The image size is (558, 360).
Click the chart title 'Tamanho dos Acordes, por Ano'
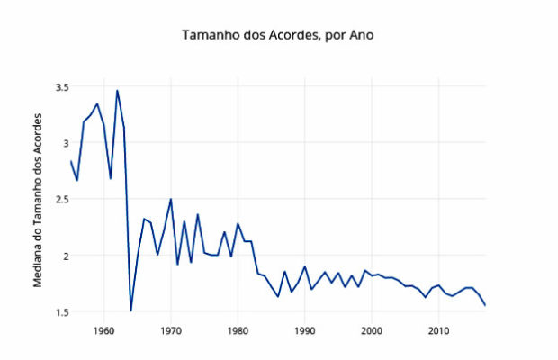coord(277,36)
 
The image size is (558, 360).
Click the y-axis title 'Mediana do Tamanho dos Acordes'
coord(39,201)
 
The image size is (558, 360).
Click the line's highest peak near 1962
coord(117,91)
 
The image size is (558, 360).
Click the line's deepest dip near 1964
coord(130,310)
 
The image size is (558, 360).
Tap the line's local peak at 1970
coord(171,199)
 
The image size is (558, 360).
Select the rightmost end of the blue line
coord(485,305)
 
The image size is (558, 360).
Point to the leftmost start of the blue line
coord(70,161)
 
